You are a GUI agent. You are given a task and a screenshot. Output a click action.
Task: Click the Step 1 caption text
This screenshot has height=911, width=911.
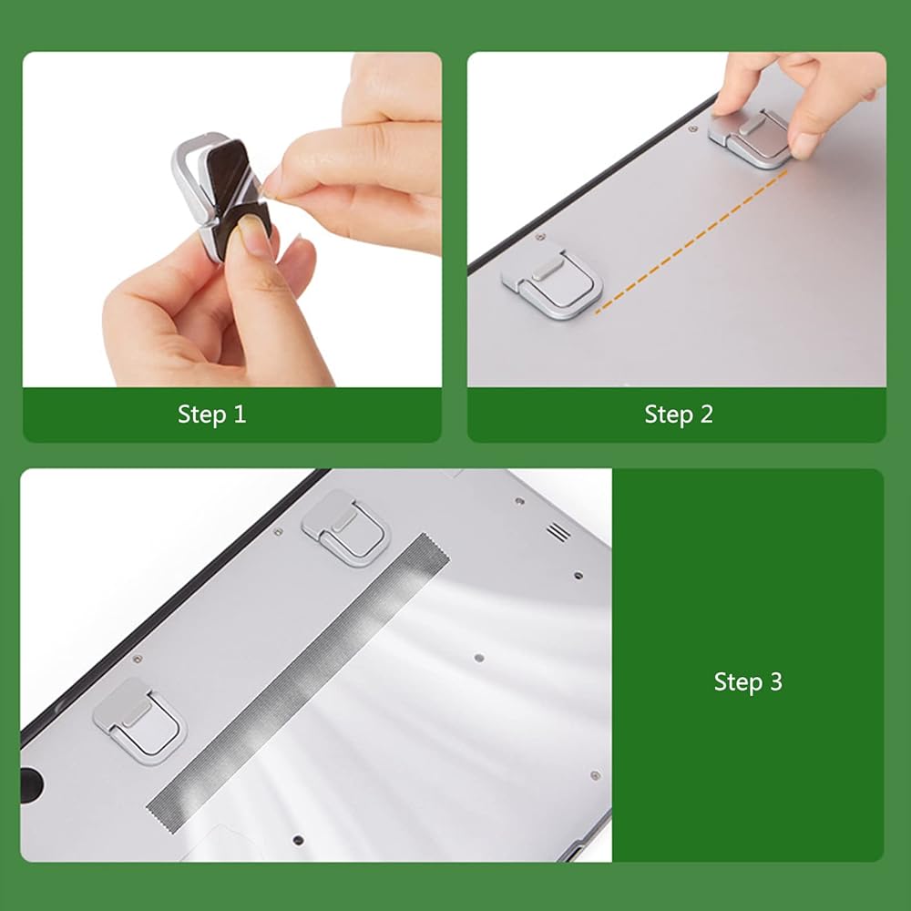pyautogui.click(x=211, y=415)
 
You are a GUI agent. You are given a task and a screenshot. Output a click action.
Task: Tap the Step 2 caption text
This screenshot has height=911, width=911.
pyautogui.click(x=678, y=415)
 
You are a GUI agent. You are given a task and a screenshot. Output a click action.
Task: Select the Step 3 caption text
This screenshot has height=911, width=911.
pyautogui.click(x=748, y=681)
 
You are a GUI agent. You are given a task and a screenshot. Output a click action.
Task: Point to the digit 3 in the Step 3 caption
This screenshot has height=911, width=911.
pyautogui.click(x=775, y=681)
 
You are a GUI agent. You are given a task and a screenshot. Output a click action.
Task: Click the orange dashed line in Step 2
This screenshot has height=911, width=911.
pyautogui.click(x=691, y=241)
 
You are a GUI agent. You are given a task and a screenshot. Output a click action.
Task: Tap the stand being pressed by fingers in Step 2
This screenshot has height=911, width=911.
pyautogui.click(x=750, y=138)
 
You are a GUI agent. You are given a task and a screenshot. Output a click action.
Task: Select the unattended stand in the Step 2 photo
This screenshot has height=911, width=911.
pyautogui.click(x=552, y=281)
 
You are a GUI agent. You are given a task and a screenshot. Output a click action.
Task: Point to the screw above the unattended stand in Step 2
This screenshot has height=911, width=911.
pyautogui.click(x=539, y=237)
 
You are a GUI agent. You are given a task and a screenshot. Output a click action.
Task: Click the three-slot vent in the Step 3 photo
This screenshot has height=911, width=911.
pyautogui.click(x=558, y=531)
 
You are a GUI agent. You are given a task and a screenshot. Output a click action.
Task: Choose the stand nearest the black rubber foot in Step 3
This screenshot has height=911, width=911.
pyautogui.click(x=140, y=721)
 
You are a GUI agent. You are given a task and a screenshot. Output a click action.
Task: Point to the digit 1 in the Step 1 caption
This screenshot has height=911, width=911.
pyautogui.click(x=240, y=415)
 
